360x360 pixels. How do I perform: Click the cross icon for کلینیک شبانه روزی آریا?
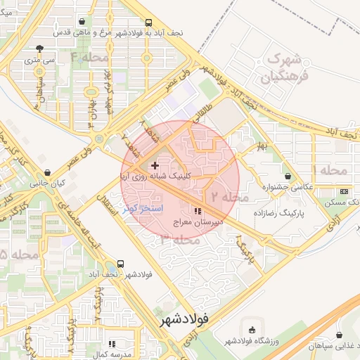tap(155, 165)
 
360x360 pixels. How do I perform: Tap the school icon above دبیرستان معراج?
tap(198, 210)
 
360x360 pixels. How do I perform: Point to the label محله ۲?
tap(229, 197)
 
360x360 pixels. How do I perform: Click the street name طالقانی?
tap(198, 115)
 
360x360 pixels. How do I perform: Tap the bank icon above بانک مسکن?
tap(344, 191)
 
